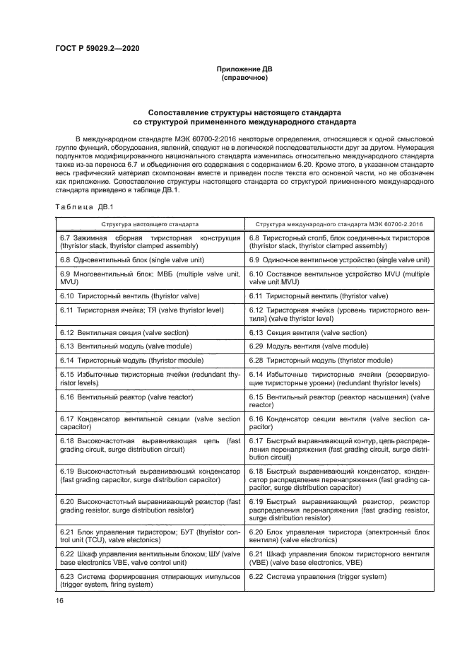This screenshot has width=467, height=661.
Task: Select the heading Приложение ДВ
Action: pyautogui.click(x=244, y=69)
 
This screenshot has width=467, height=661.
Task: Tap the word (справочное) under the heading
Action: pyautogui.click(x=244, y=78)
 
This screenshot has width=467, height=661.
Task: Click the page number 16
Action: pyautogui.click(x=59, y=599)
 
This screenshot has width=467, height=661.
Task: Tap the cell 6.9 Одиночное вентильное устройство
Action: pyautogui.click(x=339, y=260)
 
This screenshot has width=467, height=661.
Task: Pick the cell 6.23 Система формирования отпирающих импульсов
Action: pyautogui.click(x=150, y=581)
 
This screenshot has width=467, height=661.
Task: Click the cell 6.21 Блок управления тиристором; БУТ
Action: pyautogui.click(x=150, y=535)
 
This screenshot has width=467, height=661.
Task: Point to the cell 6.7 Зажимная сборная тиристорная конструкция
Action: pyautogui.click(x=150, y=242)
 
